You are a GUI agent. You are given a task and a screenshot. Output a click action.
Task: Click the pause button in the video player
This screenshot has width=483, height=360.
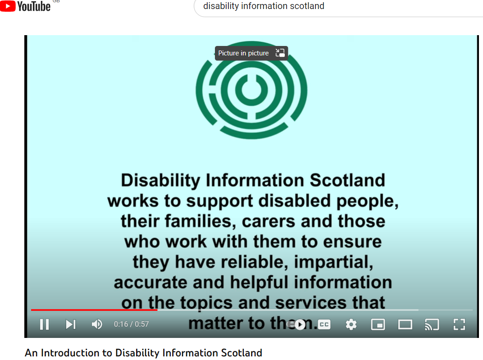tap(44, 324)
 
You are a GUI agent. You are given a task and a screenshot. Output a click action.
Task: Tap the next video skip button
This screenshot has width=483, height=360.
tap(71, 324)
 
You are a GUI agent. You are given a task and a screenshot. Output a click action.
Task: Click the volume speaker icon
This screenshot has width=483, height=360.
tap(97, 324)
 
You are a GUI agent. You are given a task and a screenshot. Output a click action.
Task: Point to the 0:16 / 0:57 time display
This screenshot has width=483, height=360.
tap(131, 324)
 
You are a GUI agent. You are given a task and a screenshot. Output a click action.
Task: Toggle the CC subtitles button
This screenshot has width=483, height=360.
tap(324, 324)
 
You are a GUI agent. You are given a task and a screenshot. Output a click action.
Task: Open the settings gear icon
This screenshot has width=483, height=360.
tap(351, 324)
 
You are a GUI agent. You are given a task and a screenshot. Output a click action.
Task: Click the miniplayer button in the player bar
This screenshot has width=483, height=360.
tap(378, 324)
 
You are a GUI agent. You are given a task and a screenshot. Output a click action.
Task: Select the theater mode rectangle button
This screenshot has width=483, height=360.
tap(405, 324)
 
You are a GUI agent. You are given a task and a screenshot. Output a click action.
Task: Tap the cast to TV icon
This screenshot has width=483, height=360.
tap(432, 324)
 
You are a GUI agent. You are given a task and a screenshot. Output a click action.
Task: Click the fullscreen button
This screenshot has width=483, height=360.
tap(459, 324)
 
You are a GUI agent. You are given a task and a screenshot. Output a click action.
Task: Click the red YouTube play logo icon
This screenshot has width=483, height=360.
tap(8, 6)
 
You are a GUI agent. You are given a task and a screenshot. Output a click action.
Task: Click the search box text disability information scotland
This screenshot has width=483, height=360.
tap(264, 6)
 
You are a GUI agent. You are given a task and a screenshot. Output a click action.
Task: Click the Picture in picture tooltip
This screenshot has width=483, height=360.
tap(251, 53)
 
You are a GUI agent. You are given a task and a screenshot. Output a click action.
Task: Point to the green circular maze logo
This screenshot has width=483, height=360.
tap(251, 90)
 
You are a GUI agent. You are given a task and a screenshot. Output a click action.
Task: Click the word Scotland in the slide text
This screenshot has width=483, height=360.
tap(347, 180)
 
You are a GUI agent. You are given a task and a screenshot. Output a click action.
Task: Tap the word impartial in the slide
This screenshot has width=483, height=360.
tap(333, 262)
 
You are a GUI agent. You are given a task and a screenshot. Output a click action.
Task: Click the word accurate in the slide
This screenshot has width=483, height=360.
tap(150, 283)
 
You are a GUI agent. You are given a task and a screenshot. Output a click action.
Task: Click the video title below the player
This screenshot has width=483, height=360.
tap(144, 353)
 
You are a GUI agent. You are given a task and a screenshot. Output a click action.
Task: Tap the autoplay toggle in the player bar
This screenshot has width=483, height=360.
tap(296, 324)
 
